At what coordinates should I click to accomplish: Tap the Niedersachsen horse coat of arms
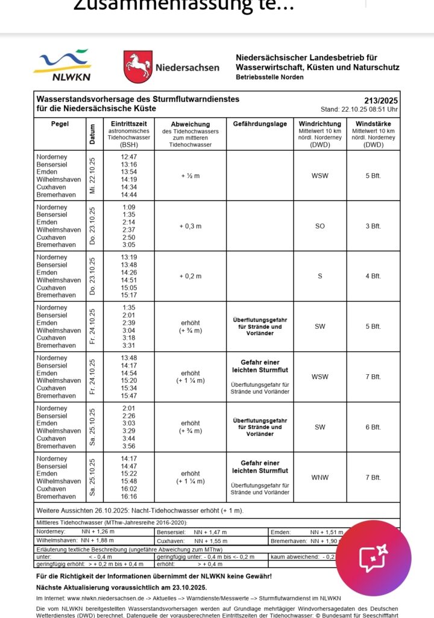[137, 67]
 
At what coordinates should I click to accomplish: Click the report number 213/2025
[381, 100]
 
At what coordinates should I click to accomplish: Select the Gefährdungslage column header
[260, 124]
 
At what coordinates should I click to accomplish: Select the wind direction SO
[320, 226]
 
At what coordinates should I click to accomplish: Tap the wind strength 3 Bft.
[373, 226]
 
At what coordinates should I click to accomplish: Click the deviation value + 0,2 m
[190, 276]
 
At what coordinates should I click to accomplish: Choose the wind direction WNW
[320, 477]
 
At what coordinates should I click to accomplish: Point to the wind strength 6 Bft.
[373, 427]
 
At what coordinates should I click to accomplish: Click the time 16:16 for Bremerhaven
[129, 496]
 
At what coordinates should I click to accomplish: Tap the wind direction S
[320, 276]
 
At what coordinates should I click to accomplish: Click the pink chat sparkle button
[373, 558]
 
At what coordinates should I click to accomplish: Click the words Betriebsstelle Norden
[269, 77]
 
